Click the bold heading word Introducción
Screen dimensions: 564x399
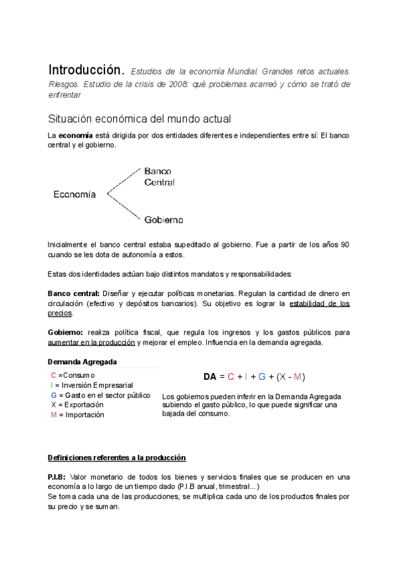[x=85, y=70]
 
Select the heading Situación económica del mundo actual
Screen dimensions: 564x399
[x=139, y=119]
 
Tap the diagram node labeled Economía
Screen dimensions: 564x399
[x=74, y=195]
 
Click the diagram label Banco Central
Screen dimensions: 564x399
[x=160, y=176]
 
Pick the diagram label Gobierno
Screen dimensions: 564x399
[x=164, y=219]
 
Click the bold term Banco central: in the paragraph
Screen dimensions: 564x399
[x=73, y=293]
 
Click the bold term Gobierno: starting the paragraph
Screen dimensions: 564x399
[x=65, y=332]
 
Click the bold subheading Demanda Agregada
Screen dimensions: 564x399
[x=82, y=362]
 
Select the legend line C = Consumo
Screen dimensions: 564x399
[x=73, y=375]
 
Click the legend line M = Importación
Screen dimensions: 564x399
[x=77, y=414]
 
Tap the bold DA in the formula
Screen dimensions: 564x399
[x=210, y=376]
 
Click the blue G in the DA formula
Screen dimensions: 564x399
[x=262, y=376]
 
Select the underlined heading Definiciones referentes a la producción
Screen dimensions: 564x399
[x=117, y=458]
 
